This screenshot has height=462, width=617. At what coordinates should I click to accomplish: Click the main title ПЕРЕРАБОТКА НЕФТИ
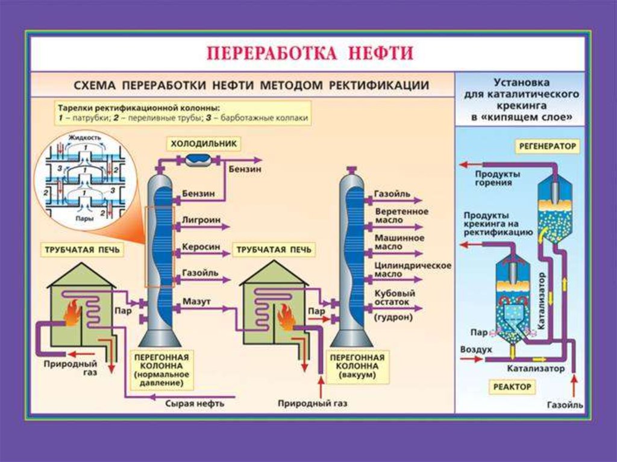[310, 53]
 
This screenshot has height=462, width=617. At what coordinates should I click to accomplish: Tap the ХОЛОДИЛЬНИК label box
[204, 143]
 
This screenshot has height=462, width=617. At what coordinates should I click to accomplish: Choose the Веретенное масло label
[401, 216]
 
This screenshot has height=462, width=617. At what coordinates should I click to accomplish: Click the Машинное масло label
[399, 242]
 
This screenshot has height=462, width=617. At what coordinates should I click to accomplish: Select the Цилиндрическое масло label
[413, 269]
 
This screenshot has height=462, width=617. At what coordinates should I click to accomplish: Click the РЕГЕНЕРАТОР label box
[547, 146]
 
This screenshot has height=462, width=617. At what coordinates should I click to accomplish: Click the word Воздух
[476, 349]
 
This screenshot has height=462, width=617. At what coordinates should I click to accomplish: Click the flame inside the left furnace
[73, 313]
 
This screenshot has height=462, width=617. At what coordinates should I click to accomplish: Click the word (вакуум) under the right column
[357, 375]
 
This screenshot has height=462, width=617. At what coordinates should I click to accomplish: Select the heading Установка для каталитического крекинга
[521, 99]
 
